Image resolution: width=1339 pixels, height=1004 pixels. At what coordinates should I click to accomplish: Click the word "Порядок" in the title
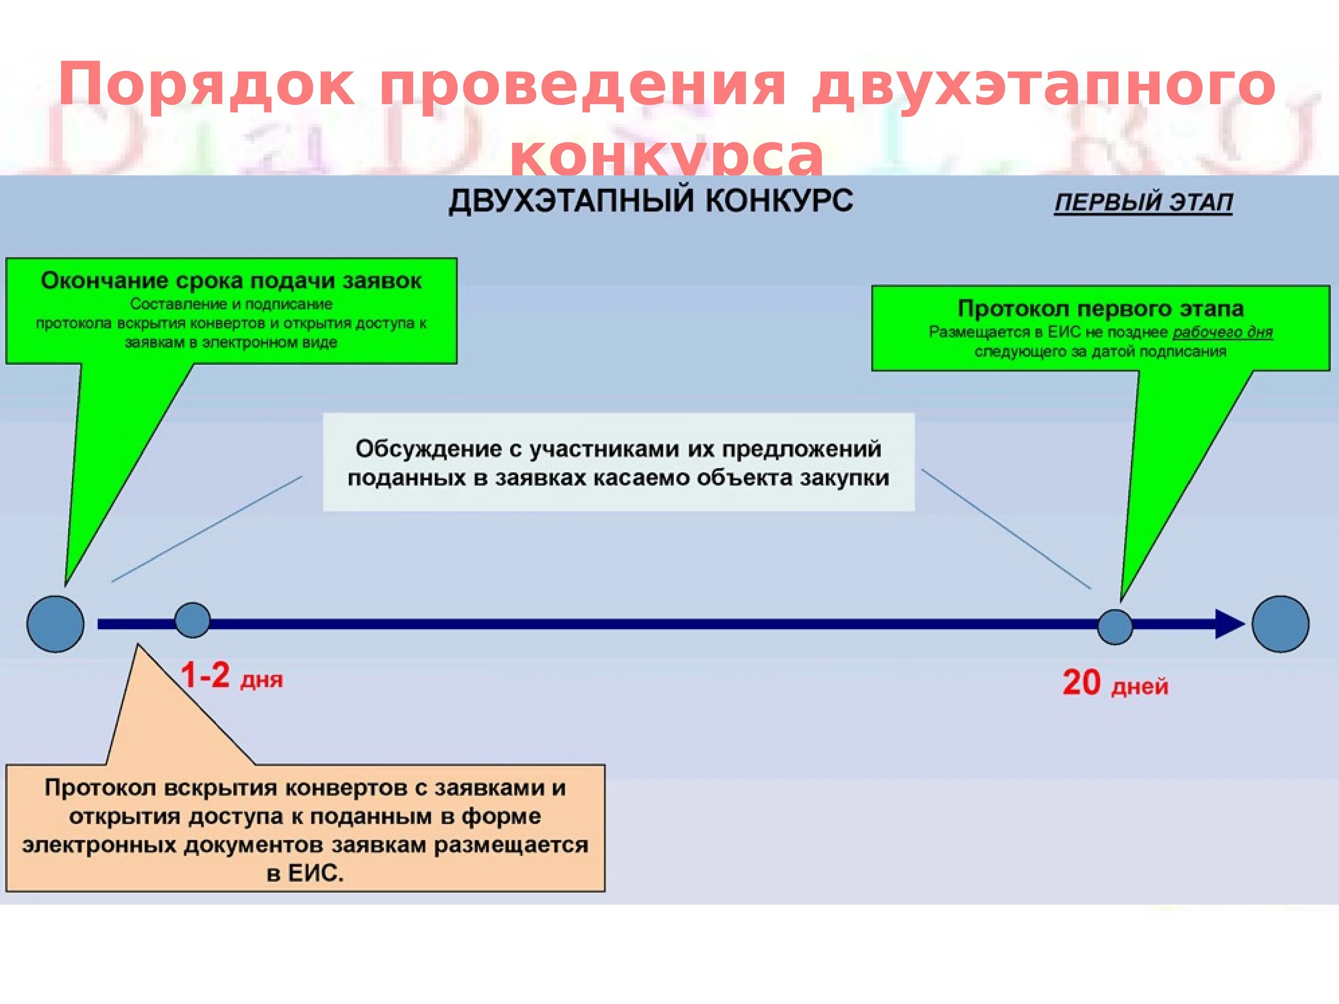point(206,87)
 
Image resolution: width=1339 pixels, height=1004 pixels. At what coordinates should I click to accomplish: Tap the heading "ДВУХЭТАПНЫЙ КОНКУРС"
point(651,201)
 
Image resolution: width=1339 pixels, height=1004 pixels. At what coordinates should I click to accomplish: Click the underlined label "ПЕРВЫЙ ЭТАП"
point(1143,202)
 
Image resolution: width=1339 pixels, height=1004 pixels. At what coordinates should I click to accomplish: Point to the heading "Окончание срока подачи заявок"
point(231,281)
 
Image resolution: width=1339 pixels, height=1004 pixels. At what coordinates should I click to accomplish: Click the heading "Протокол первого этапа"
point(1101,309)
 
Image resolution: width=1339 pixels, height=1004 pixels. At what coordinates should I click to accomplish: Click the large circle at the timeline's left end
point(56,624)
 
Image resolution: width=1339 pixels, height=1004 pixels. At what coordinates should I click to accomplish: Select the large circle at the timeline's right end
point(1280,624)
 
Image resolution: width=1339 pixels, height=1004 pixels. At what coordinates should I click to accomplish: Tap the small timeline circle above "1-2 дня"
point(192,620)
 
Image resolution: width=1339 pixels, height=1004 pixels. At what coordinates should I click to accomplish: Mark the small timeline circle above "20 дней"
point(1115,627)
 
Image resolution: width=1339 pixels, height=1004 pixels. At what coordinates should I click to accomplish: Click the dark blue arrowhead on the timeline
point(1229,624)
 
